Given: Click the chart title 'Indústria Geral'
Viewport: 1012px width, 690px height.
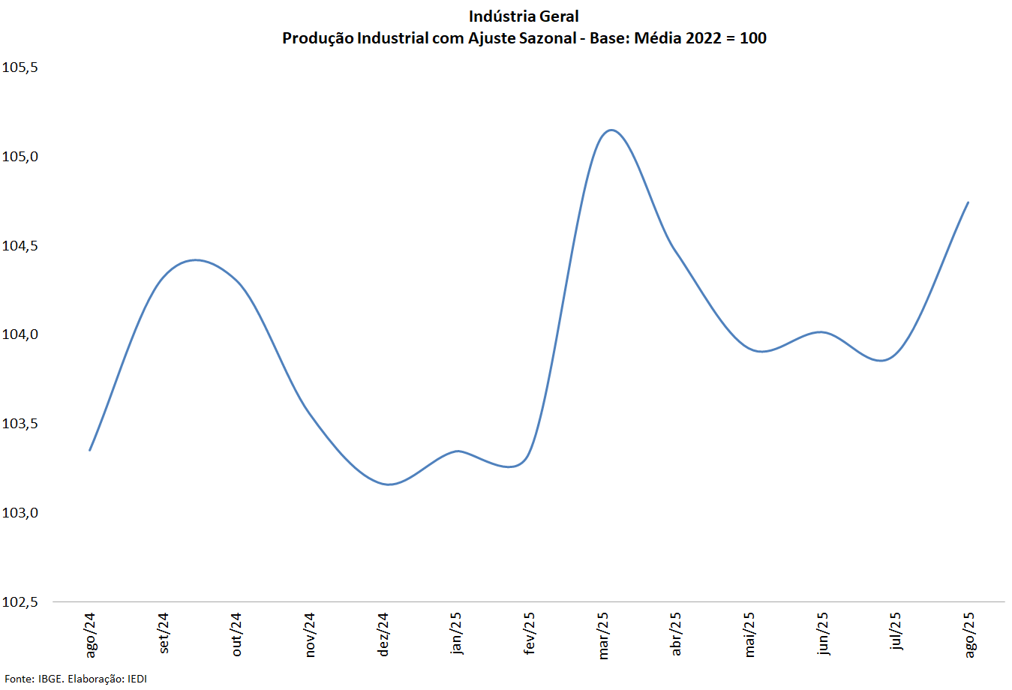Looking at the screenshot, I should pyautogui.click(x=524, y=16).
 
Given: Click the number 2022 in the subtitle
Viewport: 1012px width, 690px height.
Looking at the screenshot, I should pyautogui.click(x=703, y=38).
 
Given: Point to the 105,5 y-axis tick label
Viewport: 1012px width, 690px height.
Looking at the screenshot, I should pyautogui.click(x=20, y=67).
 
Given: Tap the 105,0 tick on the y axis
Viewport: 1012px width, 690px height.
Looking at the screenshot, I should pyautogui.click(x=20, y=157).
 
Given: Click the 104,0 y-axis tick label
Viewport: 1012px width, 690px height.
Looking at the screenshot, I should pyautogui.click(x=20, y=334).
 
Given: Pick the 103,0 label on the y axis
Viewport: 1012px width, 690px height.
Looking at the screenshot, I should pyautogui.click(x=20, y=513).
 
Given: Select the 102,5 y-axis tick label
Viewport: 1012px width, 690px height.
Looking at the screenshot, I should pyautogui.click(x=20, y=602).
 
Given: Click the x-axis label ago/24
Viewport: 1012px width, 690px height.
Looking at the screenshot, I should pyautogui.click(x=91, y=634).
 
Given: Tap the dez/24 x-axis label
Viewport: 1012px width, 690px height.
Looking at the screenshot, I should pyautogui.click(x=383, y=634).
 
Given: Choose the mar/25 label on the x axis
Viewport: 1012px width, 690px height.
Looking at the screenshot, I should pyautogui.click(x=603, y=635).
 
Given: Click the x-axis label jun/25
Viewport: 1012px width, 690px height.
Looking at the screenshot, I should pyautogui.click(x=823, y=634).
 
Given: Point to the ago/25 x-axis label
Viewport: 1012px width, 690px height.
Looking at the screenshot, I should pyautogui.click(x=969, y=634).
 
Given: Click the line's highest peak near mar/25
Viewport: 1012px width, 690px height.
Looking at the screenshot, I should pyautogui.click(x=611, y=130).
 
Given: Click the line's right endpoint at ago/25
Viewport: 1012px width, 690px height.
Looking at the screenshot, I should pyautogui.click(x=968, y=202).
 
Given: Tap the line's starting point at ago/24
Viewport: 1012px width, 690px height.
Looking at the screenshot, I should pyautogui.click(x=90, y=450).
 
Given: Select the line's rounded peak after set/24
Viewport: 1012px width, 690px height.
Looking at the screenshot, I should pyautogui.click(x=195, y=260).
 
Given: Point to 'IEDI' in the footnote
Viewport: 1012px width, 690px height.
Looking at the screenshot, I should pyautogui.click(x=137, y=679).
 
